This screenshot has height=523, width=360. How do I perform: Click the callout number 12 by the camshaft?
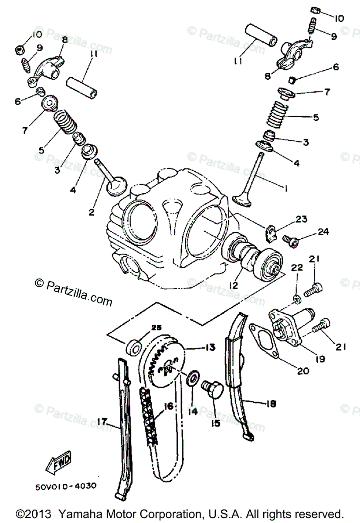click(234, 285)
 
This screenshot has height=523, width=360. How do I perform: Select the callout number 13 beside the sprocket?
click(211, 347)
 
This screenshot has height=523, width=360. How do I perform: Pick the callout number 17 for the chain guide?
click(102, 421)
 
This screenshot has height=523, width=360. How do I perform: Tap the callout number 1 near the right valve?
click(286, 189)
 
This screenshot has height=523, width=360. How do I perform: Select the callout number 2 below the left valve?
click(92, 212)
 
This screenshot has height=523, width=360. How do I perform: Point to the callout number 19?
click(320, 359)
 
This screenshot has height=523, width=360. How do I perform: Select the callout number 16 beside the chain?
click(168, 406)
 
